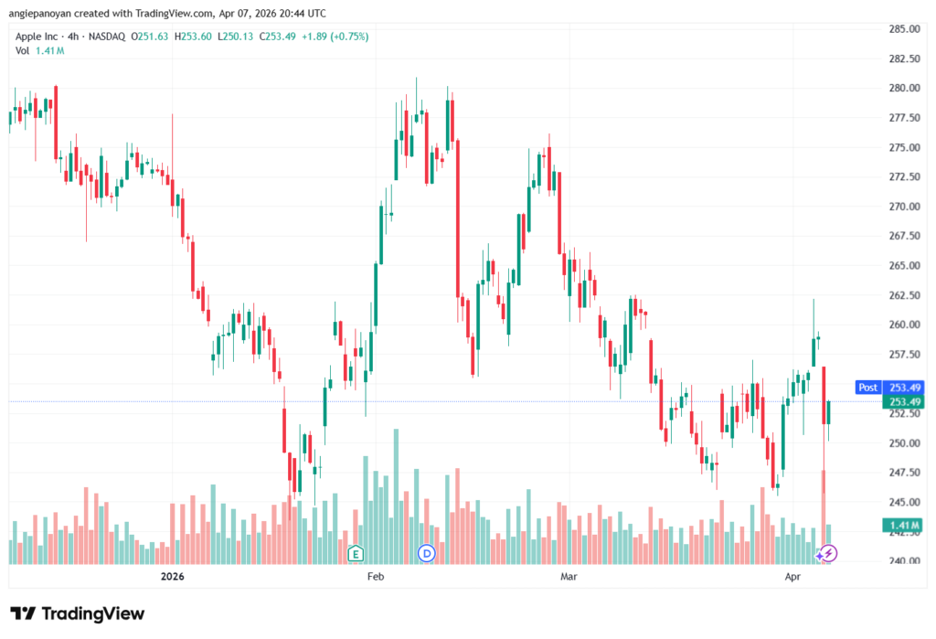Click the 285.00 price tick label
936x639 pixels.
903,29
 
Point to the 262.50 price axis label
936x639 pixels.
903,295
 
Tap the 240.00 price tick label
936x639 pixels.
903,561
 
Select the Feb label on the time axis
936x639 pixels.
375,577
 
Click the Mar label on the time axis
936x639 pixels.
569,577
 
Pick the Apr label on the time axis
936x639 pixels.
793,577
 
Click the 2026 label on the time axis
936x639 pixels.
173,577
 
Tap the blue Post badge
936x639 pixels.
867,388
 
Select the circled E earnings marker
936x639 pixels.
356,553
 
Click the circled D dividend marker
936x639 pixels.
426,553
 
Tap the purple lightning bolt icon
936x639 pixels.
827,553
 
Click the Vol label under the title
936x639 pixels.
22,50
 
